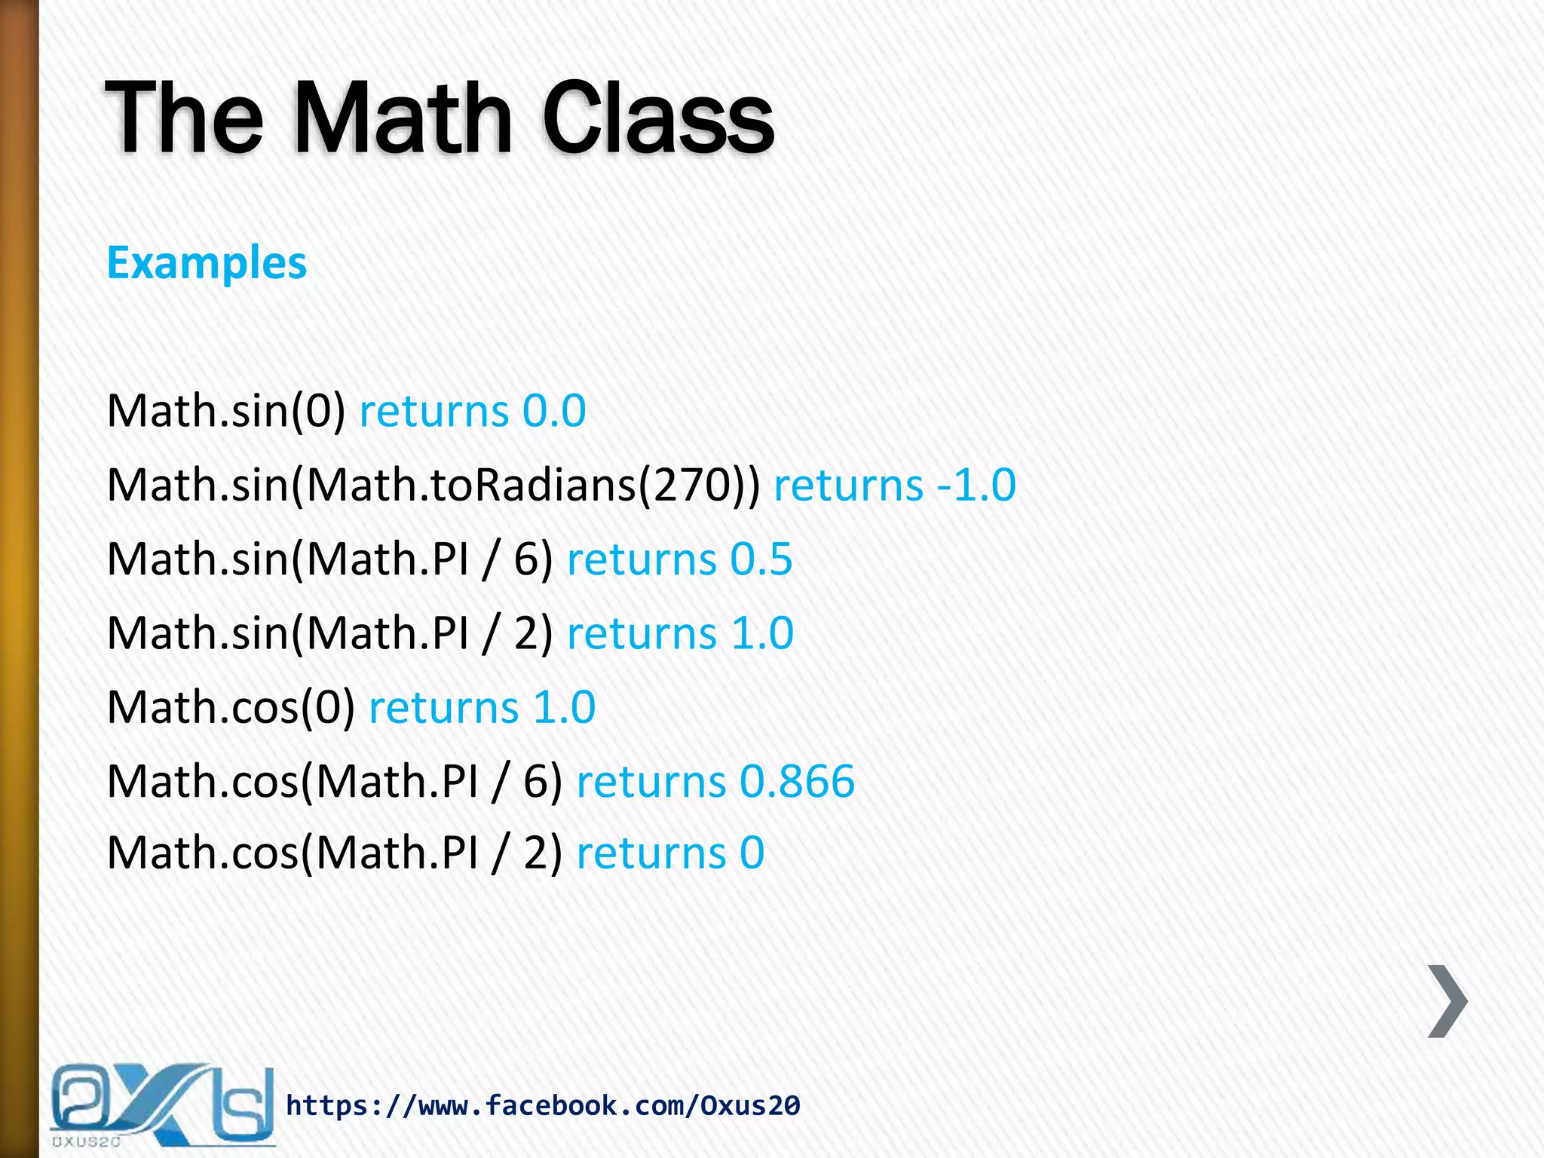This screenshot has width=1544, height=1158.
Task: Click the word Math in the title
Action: (402, 119)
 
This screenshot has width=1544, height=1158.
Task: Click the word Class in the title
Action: (657, 119)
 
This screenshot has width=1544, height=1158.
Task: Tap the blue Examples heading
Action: (207, 263)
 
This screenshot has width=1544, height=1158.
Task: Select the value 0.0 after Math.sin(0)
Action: (554, 412)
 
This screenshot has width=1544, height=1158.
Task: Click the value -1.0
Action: (976, 486)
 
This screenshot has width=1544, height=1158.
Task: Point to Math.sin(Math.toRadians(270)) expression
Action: (433, 486)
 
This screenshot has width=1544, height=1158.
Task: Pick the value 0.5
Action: (761, 560)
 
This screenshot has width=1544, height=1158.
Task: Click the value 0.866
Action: (797, 782)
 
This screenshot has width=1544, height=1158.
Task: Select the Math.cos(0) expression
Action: (231, 708)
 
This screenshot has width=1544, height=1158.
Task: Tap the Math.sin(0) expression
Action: (226, 412)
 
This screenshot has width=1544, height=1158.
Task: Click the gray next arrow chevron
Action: (1447, 1001)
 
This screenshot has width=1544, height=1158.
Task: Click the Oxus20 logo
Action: (161, 1104)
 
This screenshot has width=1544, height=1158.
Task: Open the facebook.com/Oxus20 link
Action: (543, 1106)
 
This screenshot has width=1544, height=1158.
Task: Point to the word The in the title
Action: (185, 119)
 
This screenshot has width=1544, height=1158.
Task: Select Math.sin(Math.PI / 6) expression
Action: (329, 560)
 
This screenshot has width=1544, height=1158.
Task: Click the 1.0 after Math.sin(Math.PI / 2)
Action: (762, 633)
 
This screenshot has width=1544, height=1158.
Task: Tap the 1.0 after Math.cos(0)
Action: (564, 708)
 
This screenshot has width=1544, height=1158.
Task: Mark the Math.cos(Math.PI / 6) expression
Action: (334, 782)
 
